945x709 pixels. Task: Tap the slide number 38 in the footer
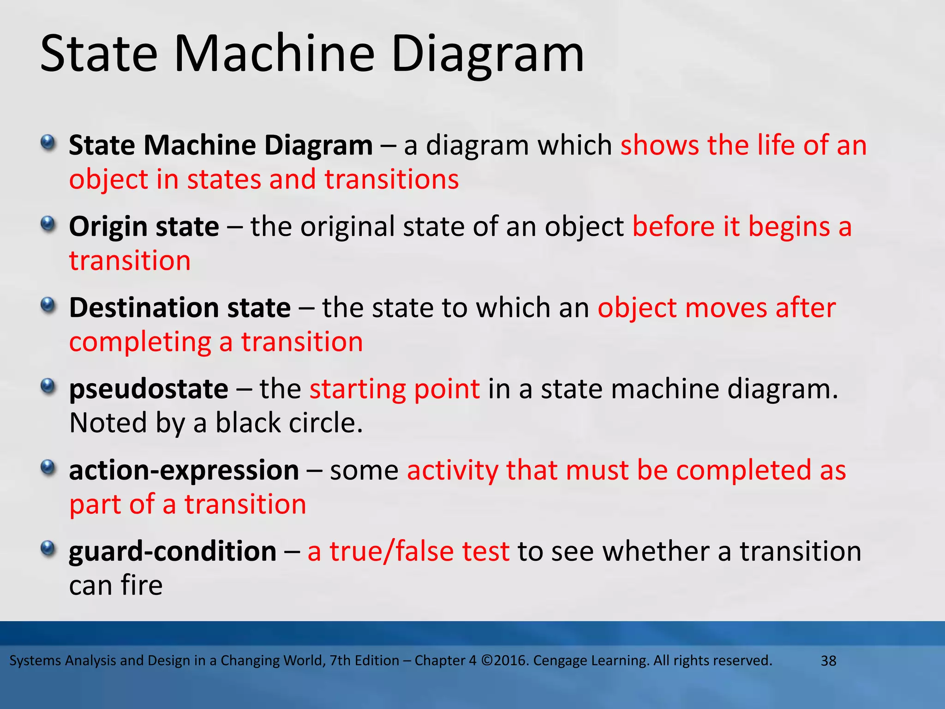(x=828, y=661)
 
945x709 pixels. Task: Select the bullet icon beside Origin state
(x=48, y=225)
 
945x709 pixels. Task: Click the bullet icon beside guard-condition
(x=48, y=549)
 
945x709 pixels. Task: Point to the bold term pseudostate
(x=149, y=390)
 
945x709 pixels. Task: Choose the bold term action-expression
(x=184, y=470)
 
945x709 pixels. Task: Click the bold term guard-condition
(x=173, y=552)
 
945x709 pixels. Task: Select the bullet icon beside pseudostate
(x=48, y=386)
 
